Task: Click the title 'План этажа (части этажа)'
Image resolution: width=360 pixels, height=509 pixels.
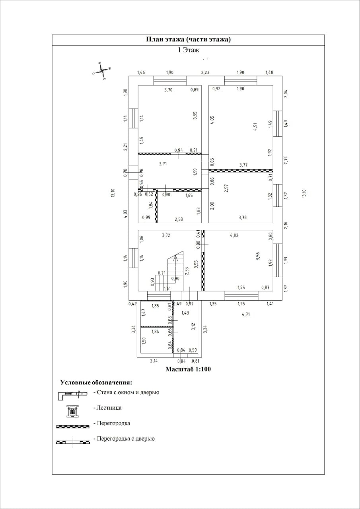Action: point(188,39)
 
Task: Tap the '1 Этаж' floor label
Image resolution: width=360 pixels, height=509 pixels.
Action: point(188,50)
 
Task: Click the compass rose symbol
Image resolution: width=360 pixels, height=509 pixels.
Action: point(102,70)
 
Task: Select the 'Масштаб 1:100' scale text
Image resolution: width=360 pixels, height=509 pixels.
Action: point(188,369)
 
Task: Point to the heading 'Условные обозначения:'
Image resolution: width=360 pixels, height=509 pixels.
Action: point(96,383)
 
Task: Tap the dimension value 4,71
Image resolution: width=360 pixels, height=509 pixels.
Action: point(246,314)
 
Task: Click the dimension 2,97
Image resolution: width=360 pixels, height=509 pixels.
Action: point(226,188)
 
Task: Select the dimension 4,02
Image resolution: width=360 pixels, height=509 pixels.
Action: point(234,235)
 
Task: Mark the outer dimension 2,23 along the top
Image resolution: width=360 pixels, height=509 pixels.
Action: point(205,72)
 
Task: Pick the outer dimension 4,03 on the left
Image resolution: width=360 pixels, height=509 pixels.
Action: point(125,213)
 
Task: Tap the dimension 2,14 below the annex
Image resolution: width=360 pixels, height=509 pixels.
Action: point(154,361)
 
